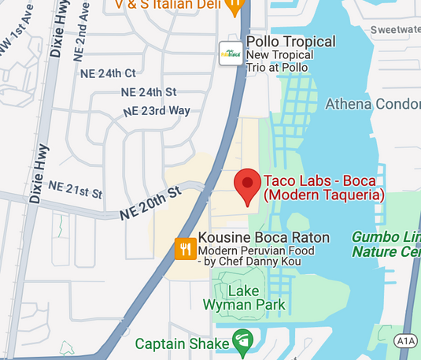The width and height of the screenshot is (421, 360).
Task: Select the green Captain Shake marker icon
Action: (x=243, y=342)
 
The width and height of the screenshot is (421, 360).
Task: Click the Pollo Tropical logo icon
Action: (x=230, y=53)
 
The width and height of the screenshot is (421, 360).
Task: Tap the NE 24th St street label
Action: (x=149, y=92)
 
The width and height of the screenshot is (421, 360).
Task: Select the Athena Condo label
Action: (x=374, y=103)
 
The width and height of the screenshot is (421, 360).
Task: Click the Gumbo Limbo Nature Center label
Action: (x=386, y=244)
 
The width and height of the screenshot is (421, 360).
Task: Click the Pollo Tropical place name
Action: (x=290, y=42)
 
